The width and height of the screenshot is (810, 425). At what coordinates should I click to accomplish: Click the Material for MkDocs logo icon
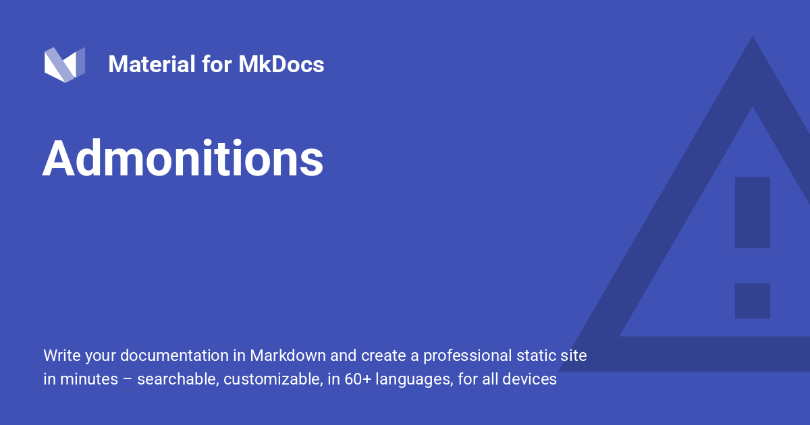point(64,65)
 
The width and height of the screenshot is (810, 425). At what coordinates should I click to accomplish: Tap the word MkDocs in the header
point(281,65)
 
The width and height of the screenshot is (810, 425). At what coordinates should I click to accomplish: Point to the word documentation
point(171,356)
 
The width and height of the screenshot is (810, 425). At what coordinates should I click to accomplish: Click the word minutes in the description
point(90,379)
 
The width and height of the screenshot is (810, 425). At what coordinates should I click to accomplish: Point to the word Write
point(60,356)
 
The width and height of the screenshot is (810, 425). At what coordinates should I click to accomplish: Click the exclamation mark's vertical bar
point(752,212)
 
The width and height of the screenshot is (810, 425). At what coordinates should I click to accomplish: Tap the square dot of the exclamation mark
point(752,301)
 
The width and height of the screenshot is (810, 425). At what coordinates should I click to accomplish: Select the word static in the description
point(537,356)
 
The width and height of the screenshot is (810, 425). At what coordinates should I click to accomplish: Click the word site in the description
point(574,356)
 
